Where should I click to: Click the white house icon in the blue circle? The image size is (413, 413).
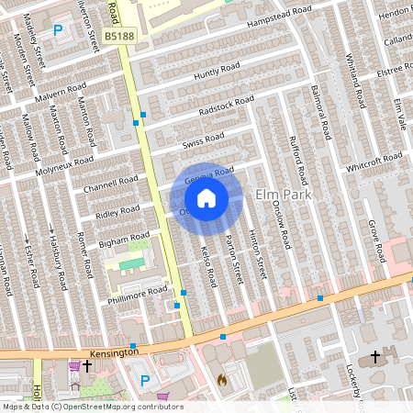point(206,198)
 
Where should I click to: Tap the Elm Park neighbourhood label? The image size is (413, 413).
point(284,195)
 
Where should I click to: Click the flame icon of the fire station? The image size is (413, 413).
point(221,377)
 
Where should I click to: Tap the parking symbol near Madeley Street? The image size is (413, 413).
point(59,30)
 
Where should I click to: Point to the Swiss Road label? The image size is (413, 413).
point(203,140)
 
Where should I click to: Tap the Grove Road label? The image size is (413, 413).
point(374,237)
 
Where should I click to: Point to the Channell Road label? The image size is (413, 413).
point(109,183)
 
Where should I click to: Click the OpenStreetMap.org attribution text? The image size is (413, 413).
point(92,407)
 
